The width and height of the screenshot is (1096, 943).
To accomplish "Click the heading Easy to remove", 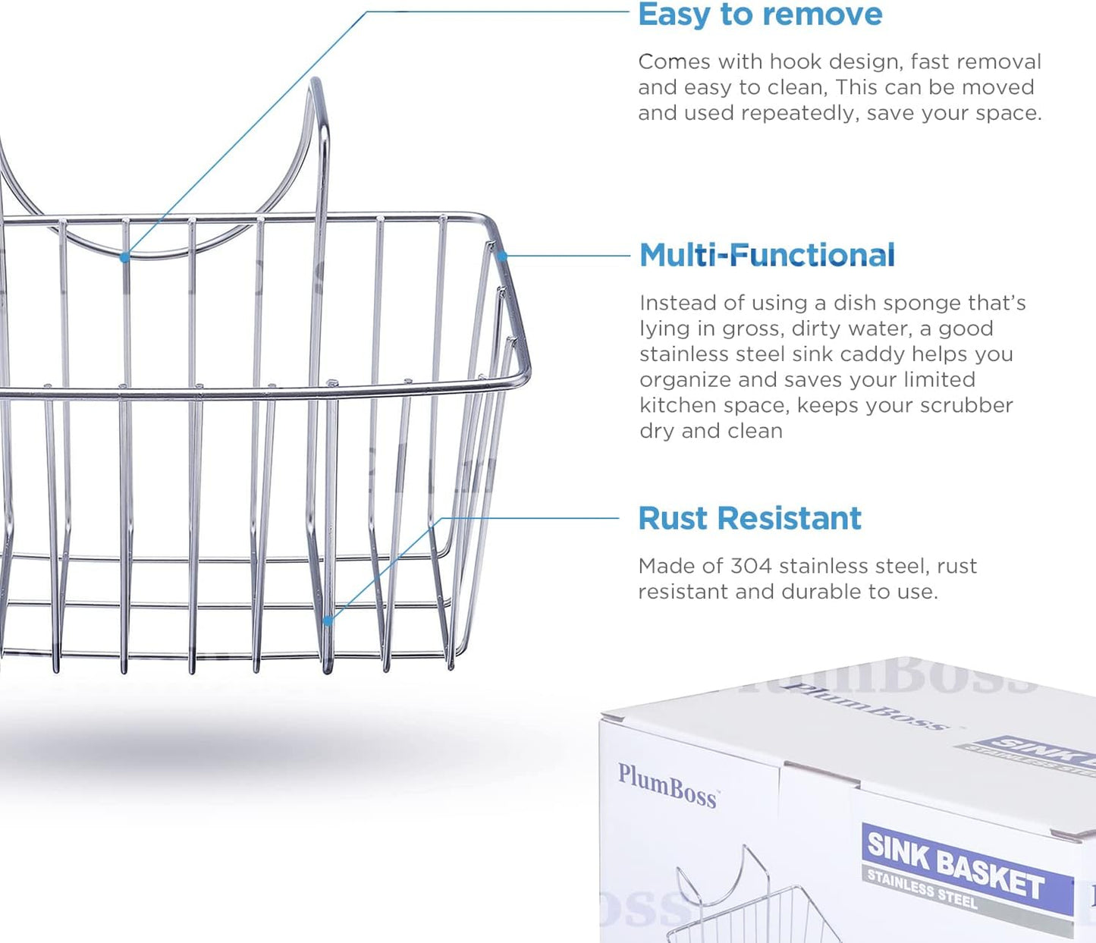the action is (x=760, y=14).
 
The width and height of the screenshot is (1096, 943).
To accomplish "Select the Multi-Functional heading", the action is (x=768, y=255).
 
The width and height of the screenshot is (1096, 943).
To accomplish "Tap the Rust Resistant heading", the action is (x=750, y=518).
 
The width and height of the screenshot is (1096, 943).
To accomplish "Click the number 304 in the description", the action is (x=751, y=566).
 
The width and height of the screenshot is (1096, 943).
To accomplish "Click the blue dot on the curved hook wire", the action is (x=124, y=257).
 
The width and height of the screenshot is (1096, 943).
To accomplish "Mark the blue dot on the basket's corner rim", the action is (x=502, y=256).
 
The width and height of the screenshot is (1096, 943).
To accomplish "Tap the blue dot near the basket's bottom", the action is (x=328, y=620).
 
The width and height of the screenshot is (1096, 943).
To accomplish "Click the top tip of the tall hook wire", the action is (x=316, y=79).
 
